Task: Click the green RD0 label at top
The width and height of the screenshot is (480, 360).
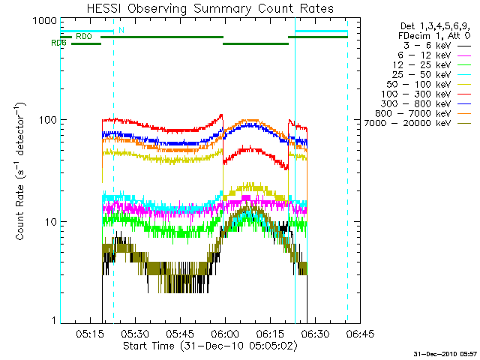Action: [83, 36]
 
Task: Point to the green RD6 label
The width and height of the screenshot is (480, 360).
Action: [59, 43]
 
